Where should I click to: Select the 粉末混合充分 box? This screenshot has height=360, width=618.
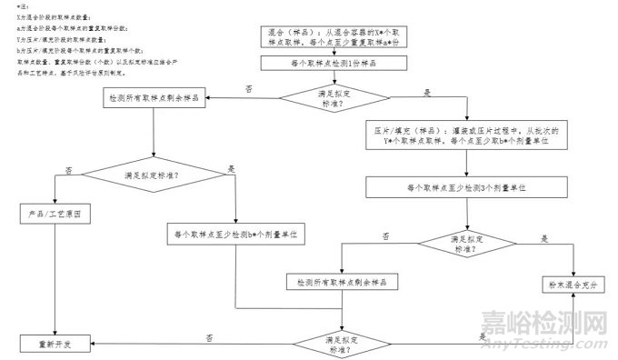click(x=574, y=285)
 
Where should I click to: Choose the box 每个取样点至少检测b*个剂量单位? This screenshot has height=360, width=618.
click(x=235, y=235)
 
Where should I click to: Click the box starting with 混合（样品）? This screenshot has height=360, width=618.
click(x=339, y=36)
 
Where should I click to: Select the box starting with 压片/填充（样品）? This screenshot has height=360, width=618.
click(x=466, y=135)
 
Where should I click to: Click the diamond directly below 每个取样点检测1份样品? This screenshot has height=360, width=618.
click(x=339, y=97)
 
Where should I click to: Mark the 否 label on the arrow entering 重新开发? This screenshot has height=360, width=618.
click(x=210, y=336)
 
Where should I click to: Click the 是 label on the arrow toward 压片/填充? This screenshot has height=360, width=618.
click(x=427, y=93)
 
